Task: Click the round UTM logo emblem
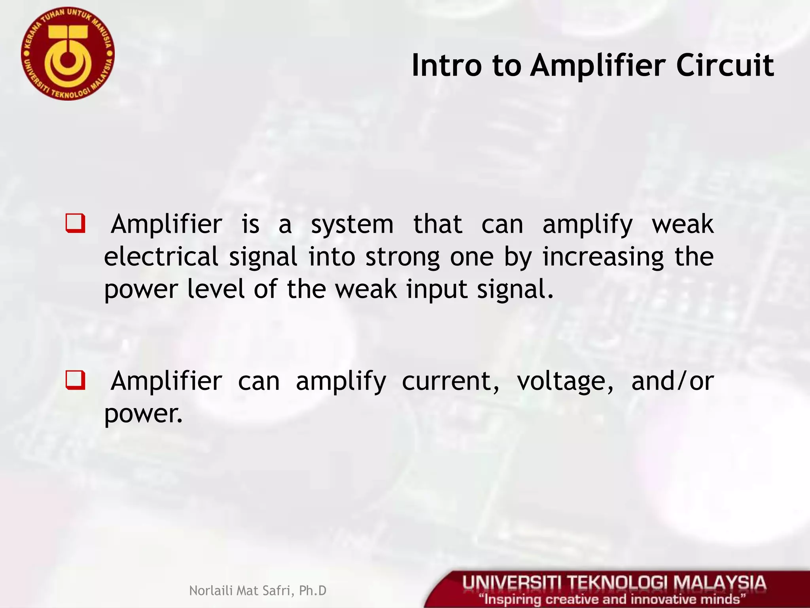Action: [68, 54]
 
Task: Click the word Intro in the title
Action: [447, 66]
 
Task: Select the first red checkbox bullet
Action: [75, 224]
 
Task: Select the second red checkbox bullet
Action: [75, 380]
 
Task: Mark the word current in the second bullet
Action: [450, 382]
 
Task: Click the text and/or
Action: [672, 382]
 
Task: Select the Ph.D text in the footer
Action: [313, 591]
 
